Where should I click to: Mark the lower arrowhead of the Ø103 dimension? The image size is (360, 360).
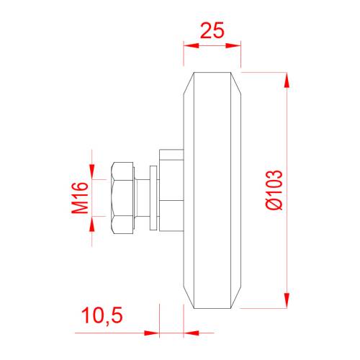pos(287,301)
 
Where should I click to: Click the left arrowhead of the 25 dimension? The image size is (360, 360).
pos(189,45)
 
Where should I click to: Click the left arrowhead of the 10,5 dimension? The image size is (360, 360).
pos(150,333)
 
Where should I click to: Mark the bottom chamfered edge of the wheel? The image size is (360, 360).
pos(212,305)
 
